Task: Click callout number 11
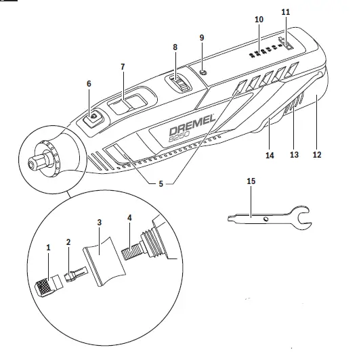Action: (285, 12)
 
